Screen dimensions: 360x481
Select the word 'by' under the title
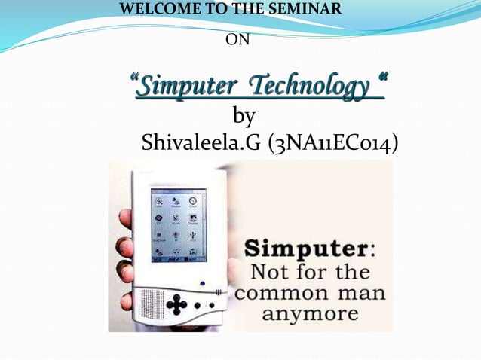click(244, 116)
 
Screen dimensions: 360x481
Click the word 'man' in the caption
click(363, 291)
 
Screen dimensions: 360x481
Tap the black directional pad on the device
click(176, 304)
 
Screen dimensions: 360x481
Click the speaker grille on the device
click(146, 300)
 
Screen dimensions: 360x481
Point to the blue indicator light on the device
click(202, 284)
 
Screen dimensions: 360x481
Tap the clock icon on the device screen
click(194, 201)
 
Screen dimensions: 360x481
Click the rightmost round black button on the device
click(211, 306)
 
